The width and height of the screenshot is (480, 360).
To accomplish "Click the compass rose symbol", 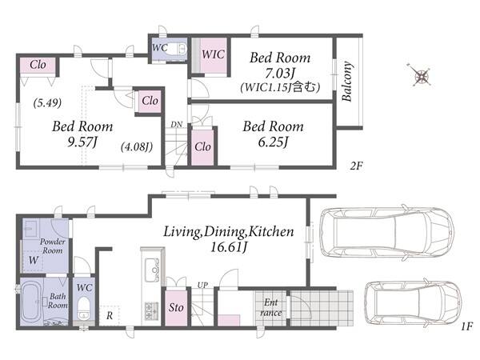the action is (421, 74).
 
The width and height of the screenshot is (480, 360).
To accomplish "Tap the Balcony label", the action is (346, 82).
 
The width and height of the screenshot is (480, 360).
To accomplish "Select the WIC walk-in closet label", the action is (213, 54).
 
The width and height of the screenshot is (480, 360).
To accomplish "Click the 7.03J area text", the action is (280, 74).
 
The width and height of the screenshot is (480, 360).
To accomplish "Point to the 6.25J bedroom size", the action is (273, 142).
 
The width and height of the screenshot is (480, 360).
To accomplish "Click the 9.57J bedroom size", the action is (82, 142).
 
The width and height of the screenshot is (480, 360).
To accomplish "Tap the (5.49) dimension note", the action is (47, 103).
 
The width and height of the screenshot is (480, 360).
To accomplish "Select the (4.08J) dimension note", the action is (137, 147).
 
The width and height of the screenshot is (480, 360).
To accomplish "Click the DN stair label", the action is (176, 125).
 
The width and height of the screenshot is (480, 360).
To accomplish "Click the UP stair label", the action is (202, 285).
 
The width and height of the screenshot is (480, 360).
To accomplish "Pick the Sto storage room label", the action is (176, 307).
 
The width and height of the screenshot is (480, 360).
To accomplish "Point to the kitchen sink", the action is (152, 270).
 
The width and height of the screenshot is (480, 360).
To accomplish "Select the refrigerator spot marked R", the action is (110, 316).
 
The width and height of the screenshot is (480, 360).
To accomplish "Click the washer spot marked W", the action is (34, 260).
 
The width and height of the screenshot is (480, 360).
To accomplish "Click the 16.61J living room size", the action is (229, 247).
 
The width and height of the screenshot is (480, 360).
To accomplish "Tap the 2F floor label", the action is (356, 166).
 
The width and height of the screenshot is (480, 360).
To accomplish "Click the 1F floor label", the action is (467, 326).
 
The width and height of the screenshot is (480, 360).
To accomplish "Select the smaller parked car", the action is (413, 303).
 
